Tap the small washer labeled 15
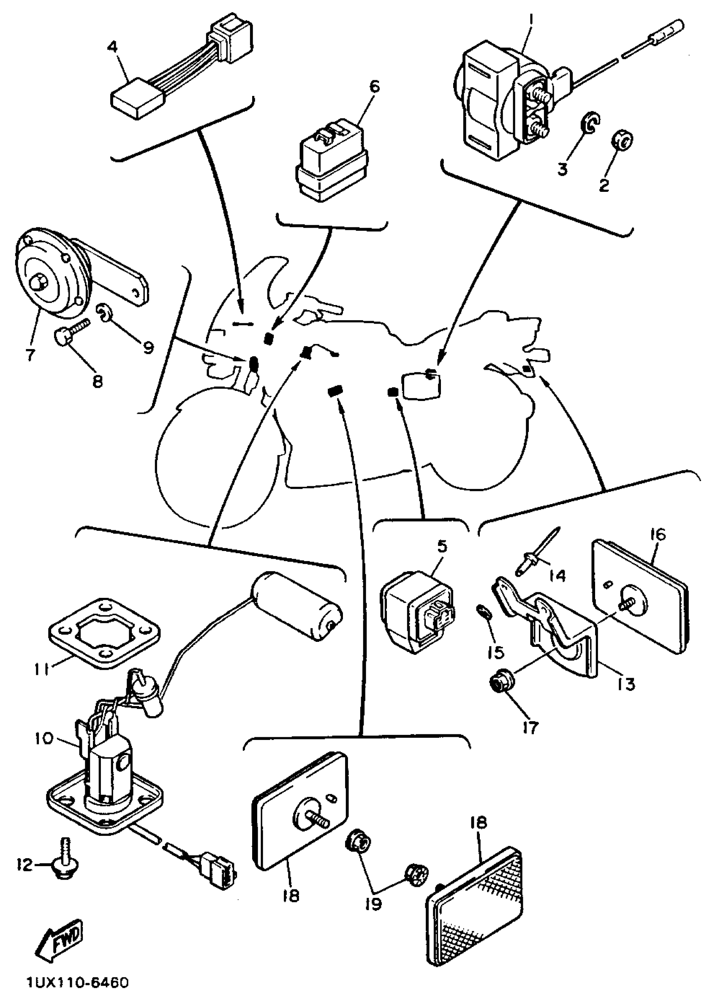(x=483, y=612)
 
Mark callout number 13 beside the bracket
(x=627, y=684)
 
